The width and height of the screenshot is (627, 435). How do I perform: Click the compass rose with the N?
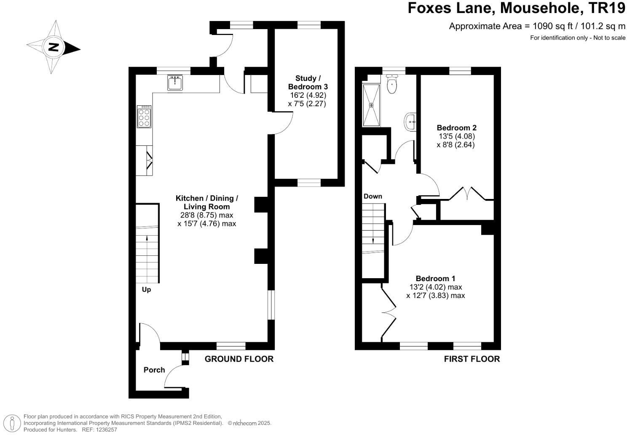(54, 47)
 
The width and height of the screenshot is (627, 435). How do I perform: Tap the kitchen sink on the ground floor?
(174, 83)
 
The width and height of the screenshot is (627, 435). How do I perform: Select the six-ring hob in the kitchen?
(144, 116)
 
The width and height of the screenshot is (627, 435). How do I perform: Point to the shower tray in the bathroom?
(371, 105)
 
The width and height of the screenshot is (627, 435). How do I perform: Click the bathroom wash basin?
(411, 122)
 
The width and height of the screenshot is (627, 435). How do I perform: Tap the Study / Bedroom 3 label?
(308, 82)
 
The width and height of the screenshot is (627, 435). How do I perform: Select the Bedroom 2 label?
(456, 128)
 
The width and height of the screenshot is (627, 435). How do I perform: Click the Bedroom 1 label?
(435, 278)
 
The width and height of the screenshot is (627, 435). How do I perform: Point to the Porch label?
(154, 370)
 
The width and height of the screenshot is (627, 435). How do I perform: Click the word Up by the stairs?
(146, 290)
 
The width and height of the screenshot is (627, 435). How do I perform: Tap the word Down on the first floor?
(372, 196)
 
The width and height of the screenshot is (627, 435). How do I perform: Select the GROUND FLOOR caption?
(239, 359)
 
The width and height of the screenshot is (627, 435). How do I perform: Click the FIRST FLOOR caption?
(472, 359)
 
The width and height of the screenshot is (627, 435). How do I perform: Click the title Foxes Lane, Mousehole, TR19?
(516, 8)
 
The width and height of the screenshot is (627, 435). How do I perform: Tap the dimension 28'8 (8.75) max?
(206, 215)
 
